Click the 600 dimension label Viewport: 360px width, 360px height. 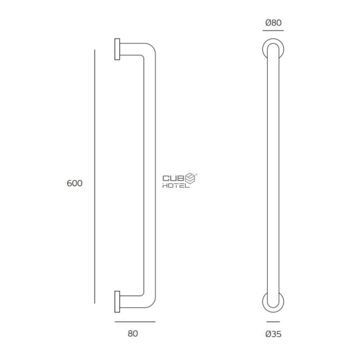coord(74,183)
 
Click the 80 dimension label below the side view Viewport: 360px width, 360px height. coord(133,333)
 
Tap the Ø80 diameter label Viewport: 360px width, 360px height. coord(273,23)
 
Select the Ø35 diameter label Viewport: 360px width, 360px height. coord(273,334)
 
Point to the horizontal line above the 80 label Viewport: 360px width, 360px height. coord(135,321)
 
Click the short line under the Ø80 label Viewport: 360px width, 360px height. coord(273,30)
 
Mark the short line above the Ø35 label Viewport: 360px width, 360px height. coord(273,321)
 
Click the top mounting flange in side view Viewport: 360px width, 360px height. coord(117,49)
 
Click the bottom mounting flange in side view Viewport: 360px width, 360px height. coord(117,302)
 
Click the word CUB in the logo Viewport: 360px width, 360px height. coord(173,178)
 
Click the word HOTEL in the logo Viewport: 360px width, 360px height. coord(175,185)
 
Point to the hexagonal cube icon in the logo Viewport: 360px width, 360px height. coord(190,178)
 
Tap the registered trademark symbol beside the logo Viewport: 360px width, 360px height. coord(196,175)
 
